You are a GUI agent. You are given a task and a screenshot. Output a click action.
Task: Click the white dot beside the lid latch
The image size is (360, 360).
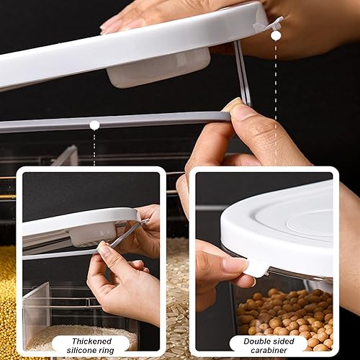tap(276, 35)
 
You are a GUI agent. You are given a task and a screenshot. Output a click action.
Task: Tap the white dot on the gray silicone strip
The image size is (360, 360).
tap(94, 125)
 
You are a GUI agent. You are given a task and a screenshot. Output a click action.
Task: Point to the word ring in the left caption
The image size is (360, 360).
tap(108, 349)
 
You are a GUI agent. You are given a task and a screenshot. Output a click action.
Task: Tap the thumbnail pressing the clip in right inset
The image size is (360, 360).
tap(235, 264)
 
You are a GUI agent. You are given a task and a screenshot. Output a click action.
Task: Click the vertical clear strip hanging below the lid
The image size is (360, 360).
tap(242, 72)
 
